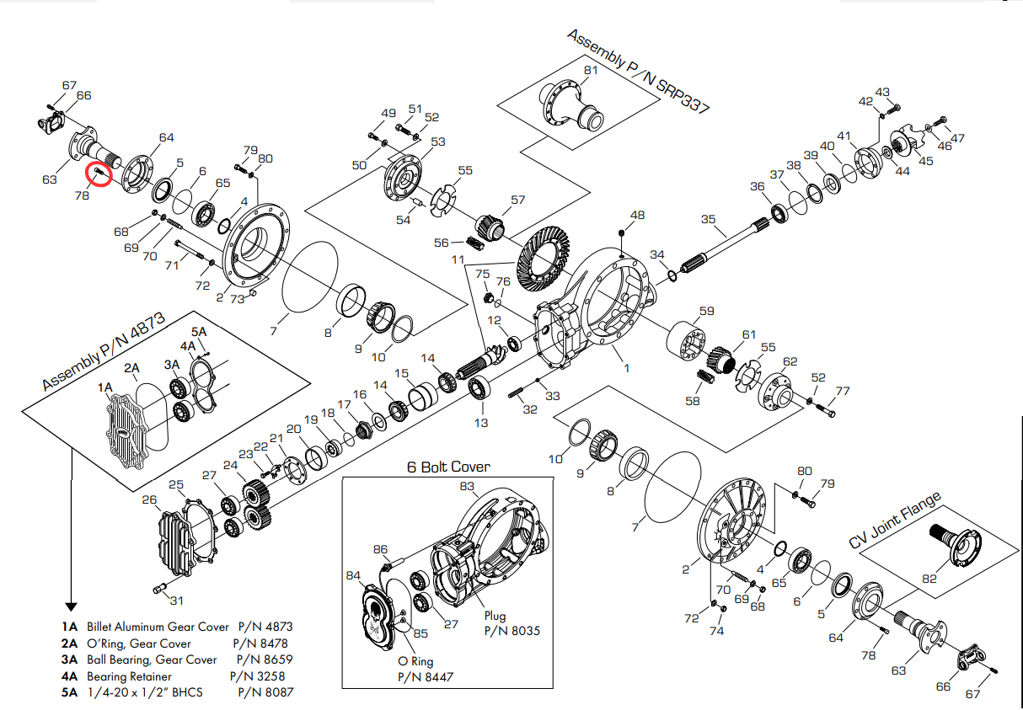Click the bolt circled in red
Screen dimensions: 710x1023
(x=99, y=173)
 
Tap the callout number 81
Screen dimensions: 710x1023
(x=591, y=70)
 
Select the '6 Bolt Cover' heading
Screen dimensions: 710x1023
(x=448, y=467)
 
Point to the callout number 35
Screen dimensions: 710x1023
(x=708, y=220)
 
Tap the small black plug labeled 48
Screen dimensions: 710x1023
(x=621, y=232)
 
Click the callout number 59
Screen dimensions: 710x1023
(x=706, y=311)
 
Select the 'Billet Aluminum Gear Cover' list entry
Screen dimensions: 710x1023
(x=157, y=627)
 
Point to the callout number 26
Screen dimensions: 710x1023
(x=149, y=500)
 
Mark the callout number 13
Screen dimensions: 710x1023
(x=480, y=422)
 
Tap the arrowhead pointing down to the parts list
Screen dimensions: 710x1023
(x=71, y=606)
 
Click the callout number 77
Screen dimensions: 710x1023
(x=843, y=391)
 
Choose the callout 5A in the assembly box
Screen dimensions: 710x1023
(x=199, y=332)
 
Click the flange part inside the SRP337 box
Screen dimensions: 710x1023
(x=573, y=105)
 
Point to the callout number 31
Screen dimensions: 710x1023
(x=176, y=601)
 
